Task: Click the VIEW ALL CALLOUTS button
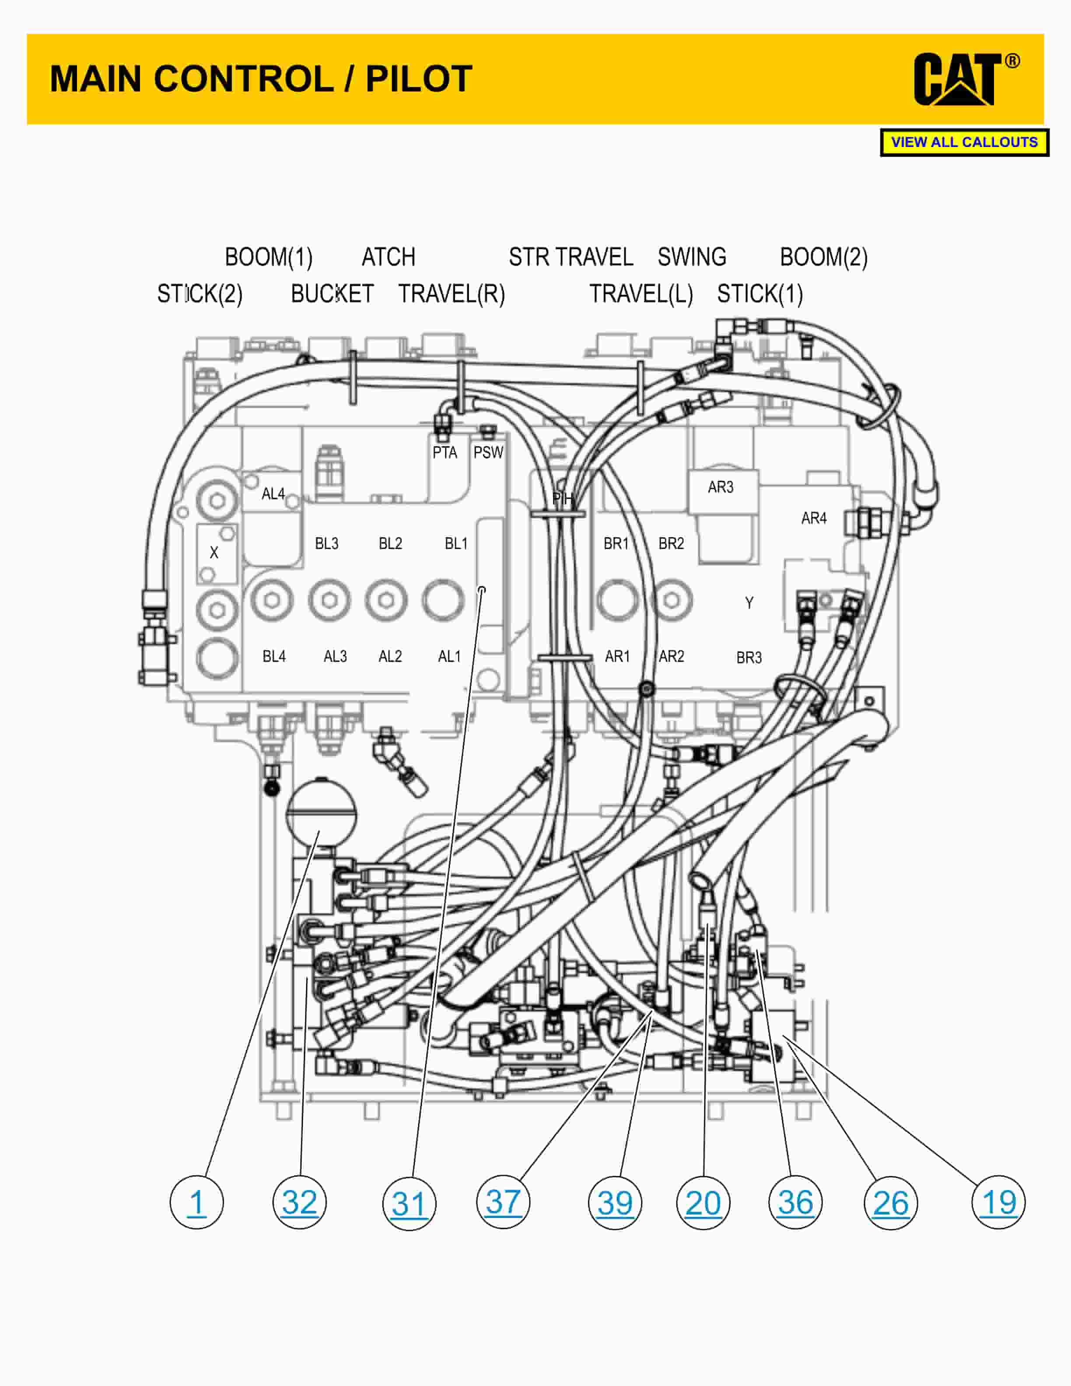point(964,142)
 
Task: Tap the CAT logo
point(964,79)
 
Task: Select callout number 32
point(300,1203)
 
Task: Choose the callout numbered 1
point(197,1203)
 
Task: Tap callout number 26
point(890,1203)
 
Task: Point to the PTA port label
point(445,452)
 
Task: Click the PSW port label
point(488,452)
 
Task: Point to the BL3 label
point(327,543)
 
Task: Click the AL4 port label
point(273,494)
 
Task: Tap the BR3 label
point(749,658)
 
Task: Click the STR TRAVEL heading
point(570,257)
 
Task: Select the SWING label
point(692,257)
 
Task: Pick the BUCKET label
point(332,294)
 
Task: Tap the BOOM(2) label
point(823,257)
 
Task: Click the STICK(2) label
point(200,294)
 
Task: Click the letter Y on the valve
point(749,603)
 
